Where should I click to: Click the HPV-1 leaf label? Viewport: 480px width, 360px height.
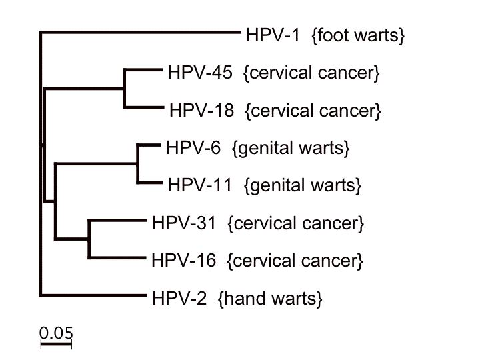273,35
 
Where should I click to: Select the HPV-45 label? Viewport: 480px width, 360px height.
200,73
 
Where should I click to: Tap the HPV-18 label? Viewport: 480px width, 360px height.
202,110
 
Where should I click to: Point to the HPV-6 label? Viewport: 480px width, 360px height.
193,148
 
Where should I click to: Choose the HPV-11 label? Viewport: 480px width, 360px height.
199,185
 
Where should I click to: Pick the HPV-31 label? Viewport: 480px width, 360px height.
184,223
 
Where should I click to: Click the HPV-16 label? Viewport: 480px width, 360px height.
184,261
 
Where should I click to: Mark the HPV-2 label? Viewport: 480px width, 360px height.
179,298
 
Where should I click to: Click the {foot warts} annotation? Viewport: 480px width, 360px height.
358,35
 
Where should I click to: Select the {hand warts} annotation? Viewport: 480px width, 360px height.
270,299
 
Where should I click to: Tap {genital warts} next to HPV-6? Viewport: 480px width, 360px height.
291,149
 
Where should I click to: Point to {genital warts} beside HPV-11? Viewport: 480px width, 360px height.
303,186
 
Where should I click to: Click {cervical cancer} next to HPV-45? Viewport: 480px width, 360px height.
311,73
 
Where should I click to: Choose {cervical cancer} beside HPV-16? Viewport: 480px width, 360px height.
295,261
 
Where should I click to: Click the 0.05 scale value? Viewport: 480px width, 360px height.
56,333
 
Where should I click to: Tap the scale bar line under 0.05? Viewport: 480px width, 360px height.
56,345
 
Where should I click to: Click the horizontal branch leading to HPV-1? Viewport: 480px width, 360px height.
140,31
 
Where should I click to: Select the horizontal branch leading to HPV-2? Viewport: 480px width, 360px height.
93,295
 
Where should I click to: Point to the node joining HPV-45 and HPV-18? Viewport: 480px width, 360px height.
124,89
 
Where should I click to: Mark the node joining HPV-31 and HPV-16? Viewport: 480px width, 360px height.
89,239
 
